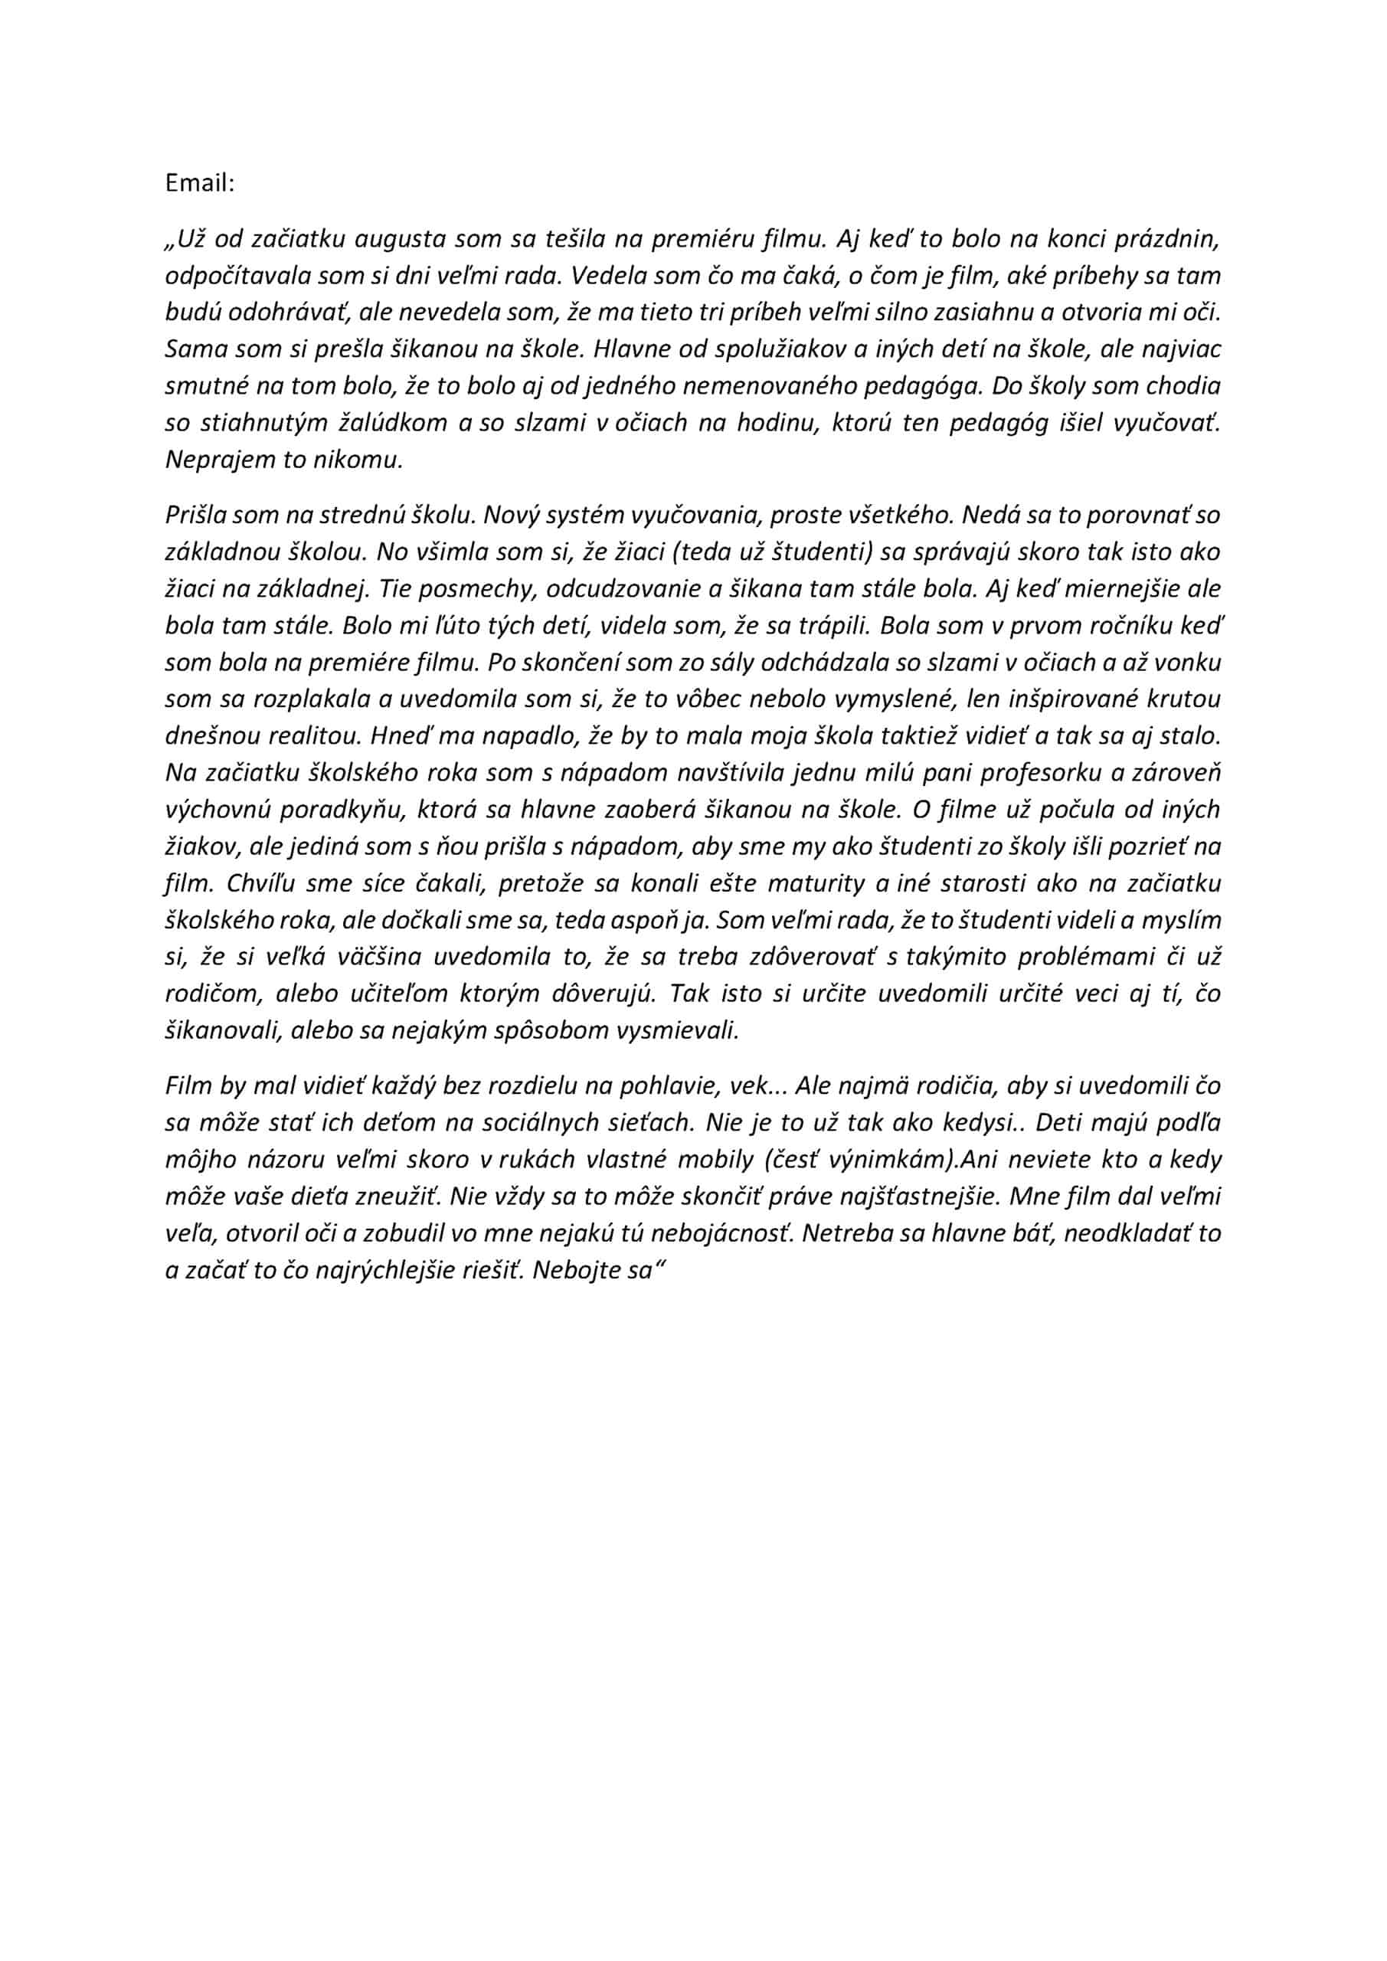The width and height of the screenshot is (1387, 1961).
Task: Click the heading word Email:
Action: click(200, 184)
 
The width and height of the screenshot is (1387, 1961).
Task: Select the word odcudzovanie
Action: click(628, 589)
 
